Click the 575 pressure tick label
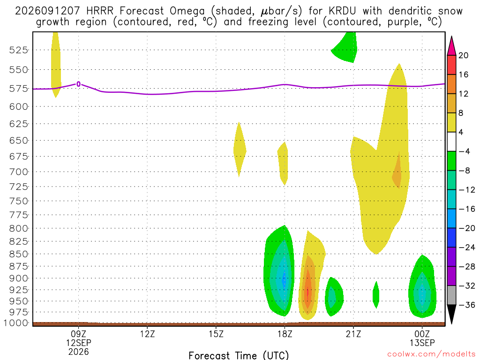(x=19, y=89)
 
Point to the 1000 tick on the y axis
(x=16, y=323)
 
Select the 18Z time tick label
(x=285, y=334)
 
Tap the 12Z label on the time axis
(x=147, y=334)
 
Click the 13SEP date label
(x=422, y=343)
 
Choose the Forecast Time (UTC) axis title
(x=239, y=355)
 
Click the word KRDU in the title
(x=343, y=11)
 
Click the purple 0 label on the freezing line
(x=79, y=84)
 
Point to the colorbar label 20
(x=464, y=55)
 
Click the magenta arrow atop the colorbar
(x=451, y=45)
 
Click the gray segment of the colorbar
(x=451, y=295)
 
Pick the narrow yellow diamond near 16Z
(x=240, y=150)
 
